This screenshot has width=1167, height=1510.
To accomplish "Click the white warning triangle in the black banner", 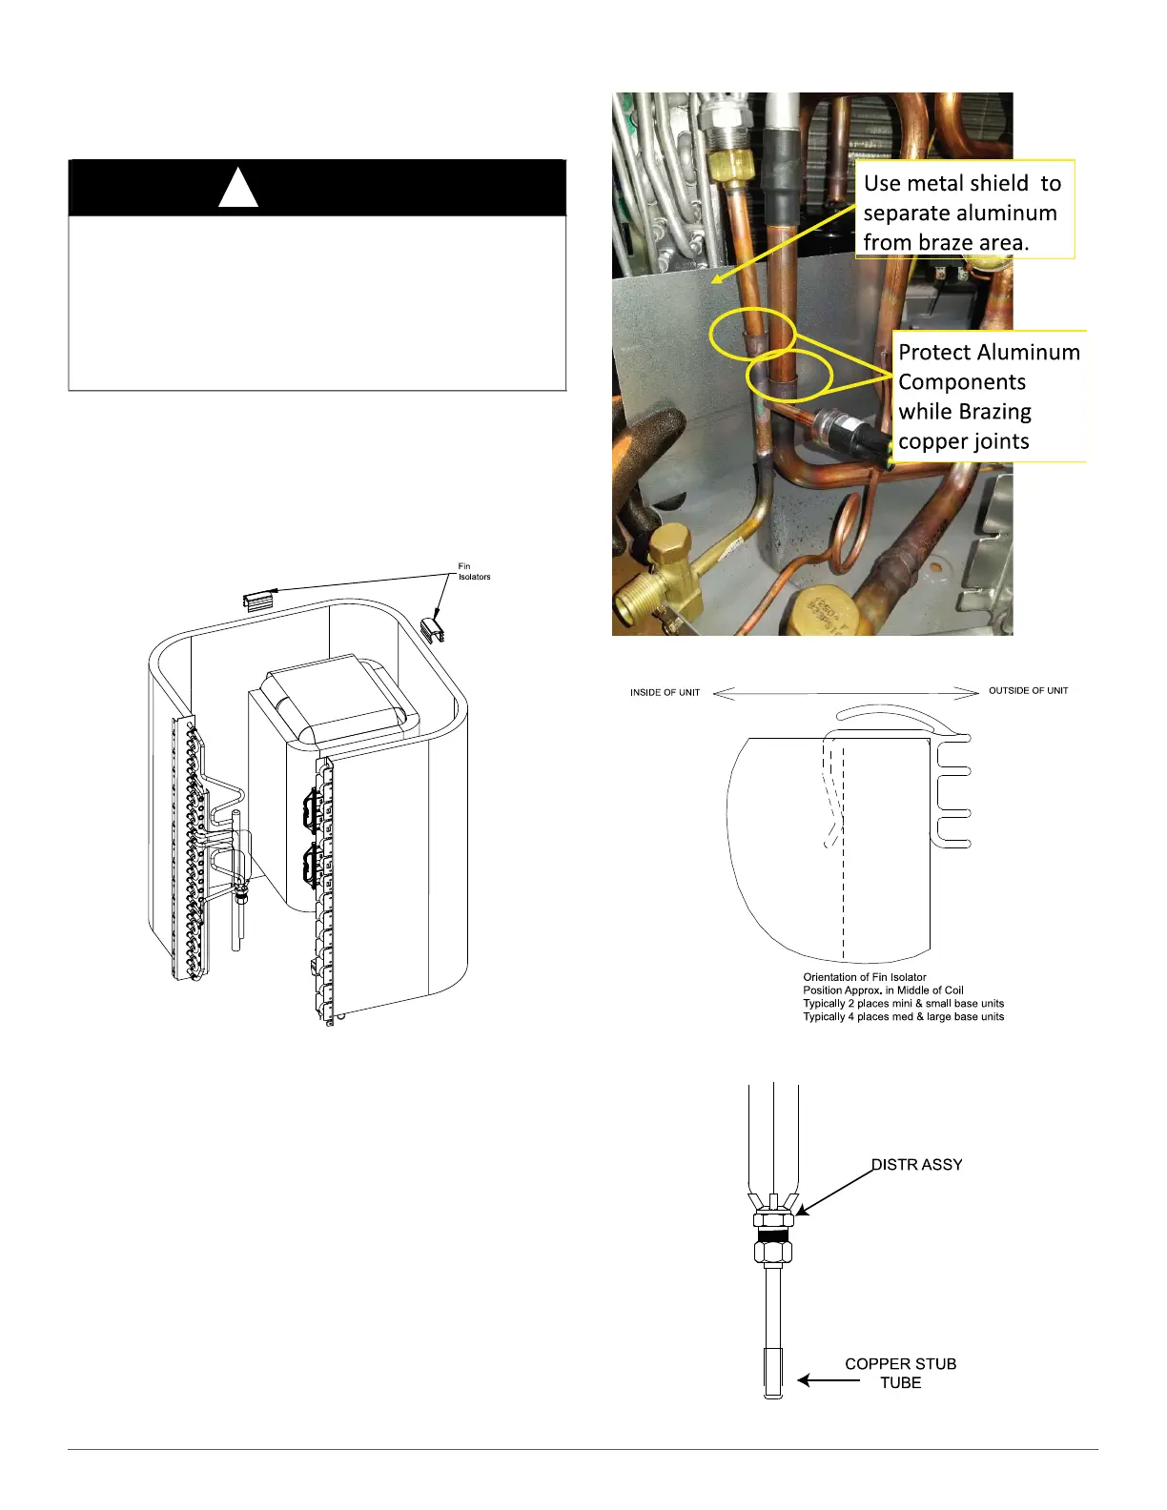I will (238, 187).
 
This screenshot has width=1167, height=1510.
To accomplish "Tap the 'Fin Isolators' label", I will (474, 572).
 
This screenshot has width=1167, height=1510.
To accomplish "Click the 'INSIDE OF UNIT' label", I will (665, 693).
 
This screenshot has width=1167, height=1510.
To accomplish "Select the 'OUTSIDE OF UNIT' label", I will (1028, 691).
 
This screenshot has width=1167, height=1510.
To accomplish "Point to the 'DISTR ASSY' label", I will (917, 1165).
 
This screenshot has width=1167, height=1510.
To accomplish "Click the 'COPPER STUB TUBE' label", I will (900, 1373).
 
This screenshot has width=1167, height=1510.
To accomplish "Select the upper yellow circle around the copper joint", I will (753, 334).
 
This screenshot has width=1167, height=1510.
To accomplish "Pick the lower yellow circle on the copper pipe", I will (789, 374).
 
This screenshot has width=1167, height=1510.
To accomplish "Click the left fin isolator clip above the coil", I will (258, 600).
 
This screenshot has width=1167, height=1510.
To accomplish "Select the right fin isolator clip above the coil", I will (434, 628).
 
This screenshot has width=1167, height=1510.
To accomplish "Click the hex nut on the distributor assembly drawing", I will (773, 1219).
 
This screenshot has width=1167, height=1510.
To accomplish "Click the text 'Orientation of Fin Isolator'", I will (864, 977).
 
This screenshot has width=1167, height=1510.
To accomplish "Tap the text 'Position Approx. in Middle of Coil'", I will (883, 990).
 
